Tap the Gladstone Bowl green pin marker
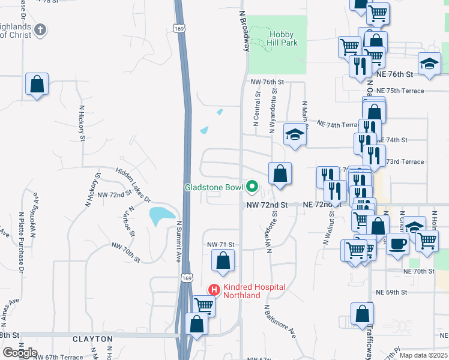coord(252,188)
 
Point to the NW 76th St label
coord(267,82)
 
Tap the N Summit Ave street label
coord(178,241)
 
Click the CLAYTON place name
coord(92,339)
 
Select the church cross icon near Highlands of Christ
coord(40,29)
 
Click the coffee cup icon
coord(397,244)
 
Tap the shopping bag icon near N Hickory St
coord(37,85)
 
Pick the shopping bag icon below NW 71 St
coord(222,261)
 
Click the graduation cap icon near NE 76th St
coord(429,64)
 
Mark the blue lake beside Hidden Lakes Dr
coord(158,215)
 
